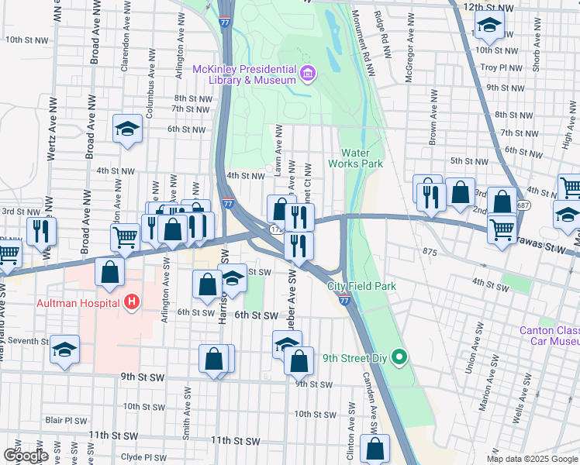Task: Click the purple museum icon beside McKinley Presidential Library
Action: point(308,74)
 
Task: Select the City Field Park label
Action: point(361,286)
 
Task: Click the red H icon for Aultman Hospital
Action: point(133,301)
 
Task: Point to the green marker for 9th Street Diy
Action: point(399,357)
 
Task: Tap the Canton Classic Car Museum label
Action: point(549,335)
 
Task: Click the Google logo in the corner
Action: point(25,455)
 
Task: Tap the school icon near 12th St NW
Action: point(489,27)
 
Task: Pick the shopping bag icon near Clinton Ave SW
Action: point(375,449)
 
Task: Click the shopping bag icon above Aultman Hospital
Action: point(110,272)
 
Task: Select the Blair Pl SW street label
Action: point(60,420)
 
